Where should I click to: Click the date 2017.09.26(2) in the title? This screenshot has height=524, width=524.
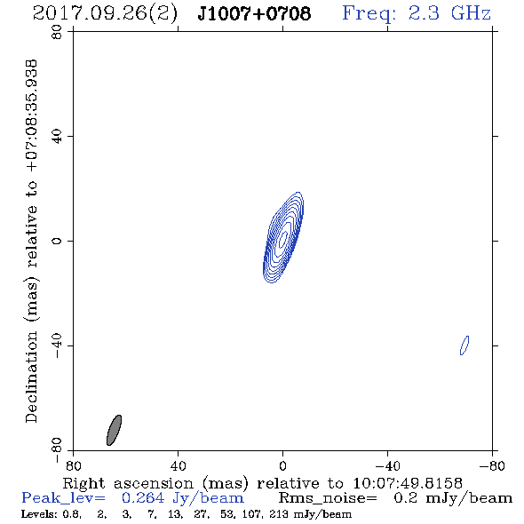pos(106,14)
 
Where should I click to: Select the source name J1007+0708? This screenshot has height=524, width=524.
pos(254,13)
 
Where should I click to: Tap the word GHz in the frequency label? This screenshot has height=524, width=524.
pos(471,13)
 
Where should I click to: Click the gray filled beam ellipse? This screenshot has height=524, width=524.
pos(114,430)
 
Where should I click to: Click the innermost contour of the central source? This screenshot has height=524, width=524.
pos(283,239)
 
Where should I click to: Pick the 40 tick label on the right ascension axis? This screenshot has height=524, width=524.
pos(178,465)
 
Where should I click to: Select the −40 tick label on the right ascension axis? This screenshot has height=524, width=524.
pos(387,465)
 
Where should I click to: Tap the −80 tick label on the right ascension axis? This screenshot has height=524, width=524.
pos(491,465)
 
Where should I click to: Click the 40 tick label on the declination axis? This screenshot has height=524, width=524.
pos(57,137)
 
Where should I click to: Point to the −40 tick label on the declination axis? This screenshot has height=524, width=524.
pos(57,345)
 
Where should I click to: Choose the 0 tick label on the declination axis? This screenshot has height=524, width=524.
pos(57,241)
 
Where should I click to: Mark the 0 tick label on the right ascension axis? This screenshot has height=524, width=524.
pos(282,465)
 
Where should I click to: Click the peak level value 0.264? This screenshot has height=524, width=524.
pos(143,498)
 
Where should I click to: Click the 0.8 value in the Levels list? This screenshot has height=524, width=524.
pos(71,514)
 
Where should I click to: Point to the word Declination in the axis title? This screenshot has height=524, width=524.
pos(31,377)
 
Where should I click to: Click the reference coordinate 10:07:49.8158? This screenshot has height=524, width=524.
pos(408,483)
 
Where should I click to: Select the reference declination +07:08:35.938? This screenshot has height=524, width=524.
pos(31,115)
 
